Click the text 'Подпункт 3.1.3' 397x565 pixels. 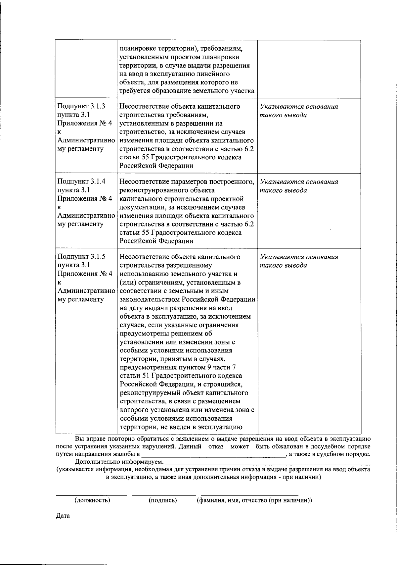pyautogui.click(x=81, y=106)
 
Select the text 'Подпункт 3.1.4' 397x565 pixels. pyautogui.click(x=81, y=181)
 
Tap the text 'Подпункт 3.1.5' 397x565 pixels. pyautogui.click(x=81, y=257)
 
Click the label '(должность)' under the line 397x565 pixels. pyautogui.click(x=93, y=500)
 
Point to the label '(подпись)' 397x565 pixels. pyautogui.click(x=163, y=500)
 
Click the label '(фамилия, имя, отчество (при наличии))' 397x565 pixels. pyautogui.click(x=254, y=500)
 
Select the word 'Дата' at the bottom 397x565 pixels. pyautogui.click(x=63, y=516)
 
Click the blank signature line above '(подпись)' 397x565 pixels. pyautogui.click(x=164, y=495)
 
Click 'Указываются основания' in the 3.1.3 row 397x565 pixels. pyautogui.click(x=299, y=107)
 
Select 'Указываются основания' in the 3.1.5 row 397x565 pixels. pyautogui.click(x=299, y=257)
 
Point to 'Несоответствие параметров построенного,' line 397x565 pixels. pyautogui.click(x=187, y=181)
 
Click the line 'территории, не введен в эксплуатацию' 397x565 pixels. pyautogui.click(x=181, y=427)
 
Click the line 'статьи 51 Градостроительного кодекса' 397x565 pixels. pyautogui.click(x=181, y=376)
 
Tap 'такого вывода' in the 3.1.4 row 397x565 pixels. pyautogui.click(x=284, y=190)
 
